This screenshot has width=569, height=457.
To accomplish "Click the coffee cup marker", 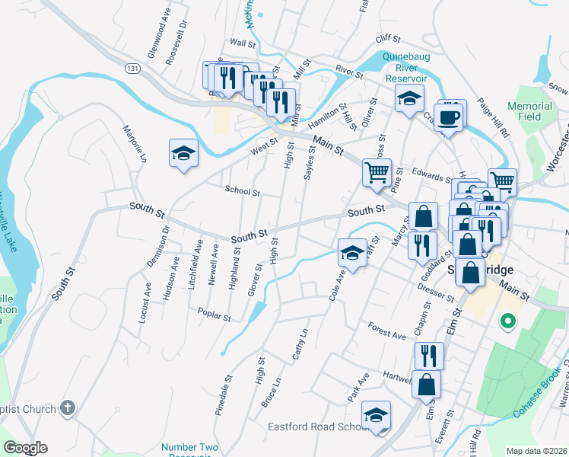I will (x=450, y=117).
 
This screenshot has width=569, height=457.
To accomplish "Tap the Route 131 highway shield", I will (x=133, y=69).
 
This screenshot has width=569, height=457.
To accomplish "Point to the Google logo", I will (x=25, y=448).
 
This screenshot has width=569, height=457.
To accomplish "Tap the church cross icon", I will (x=68, y=408).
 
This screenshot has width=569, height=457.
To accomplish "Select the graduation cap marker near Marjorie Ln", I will (x=183, y=154).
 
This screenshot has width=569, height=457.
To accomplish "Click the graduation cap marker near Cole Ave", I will (x=352, y=252).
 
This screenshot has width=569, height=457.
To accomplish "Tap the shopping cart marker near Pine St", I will (x=377, y=173).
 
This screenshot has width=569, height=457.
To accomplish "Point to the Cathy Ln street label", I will (x=301, y=344).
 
